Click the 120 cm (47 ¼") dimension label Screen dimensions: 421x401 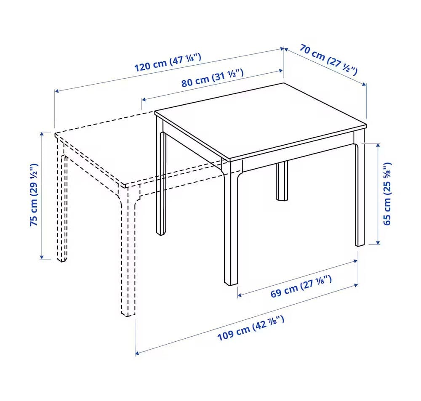[x=168, y=63]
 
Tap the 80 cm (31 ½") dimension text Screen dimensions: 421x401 [x=212, y=78]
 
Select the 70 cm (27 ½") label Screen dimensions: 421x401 [x=328, y=60]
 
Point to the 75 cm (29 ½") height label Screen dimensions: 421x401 [x=34, y=194]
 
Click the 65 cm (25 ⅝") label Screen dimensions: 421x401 [x=387, y=194]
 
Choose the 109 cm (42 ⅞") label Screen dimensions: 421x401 [x=250, y=328]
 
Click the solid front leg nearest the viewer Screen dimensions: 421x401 [x=231, y=223]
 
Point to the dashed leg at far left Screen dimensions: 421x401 [x=62, y=201]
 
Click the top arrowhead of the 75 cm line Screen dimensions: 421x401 [x=42, y=134]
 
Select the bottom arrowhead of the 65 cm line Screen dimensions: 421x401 [x=378, y=242]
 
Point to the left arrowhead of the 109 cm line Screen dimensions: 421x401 [x=137, y=353]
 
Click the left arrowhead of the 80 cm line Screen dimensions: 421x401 [x=144, y=100]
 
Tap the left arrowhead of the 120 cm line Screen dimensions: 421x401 [x=57, y=91]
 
